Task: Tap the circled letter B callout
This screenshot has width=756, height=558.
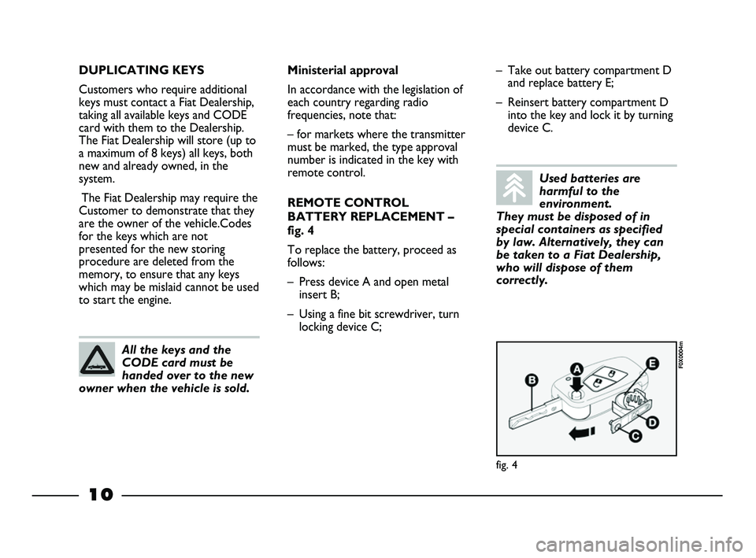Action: click(x=532, y=379)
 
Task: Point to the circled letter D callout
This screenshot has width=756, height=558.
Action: click(x=654, y=423)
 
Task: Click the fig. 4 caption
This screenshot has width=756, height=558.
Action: click(x=507, y=464)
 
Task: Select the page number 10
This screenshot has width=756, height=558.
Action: click(x=101, y=495)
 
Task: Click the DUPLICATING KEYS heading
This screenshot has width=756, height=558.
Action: click(x=141, y=70)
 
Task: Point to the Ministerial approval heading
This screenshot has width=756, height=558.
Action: click(x=343, y=70)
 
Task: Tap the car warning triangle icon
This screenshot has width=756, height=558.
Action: click(x=98, y=360)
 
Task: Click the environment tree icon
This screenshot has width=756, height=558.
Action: click(x=515, y=187)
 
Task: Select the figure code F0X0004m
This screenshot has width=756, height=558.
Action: click(x=681, y=355)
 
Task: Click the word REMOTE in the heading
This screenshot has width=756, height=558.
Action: click(x=313, y=202)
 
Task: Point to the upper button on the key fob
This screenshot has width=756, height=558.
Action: click(x=609, y=372)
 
